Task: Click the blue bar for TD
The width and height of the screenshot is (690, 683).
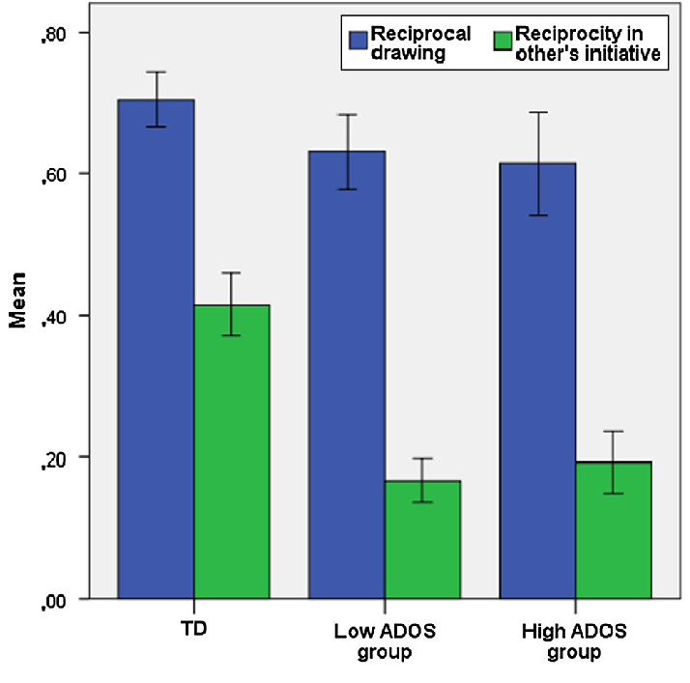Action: (x=156, y=348)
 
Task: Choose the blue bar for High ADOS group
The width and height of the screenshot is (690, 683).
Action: (x=536, y=381)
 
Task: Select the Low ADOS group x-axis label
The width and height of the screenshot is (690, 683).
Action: (x=384, y=641)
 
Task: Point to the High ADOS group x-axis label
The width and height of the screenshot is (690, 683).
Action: (x=574, y=641)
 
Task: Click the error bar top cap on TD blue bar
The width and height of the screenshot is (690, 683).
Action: (x=156, y=71)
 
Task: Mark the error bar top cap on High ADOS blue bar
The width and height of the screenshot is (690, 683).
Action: (x=536, y=112)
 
